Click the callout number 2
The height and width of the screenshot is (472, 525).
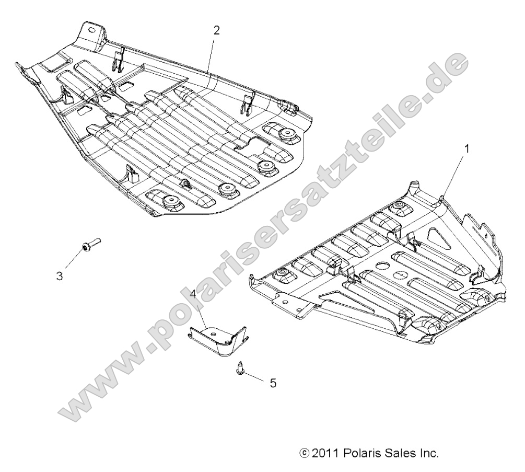pyautogui.click(x=216, y=30)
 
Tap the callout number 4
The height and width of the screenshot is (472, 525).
pyautogui.click(x=193, y=294)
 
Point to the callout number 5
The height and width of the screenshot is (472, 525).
pyautogui.click(x=273, y=383)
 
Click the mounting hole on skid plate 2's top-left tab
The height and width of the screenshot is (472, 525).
pyautogui.click(x=93, y=31)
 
